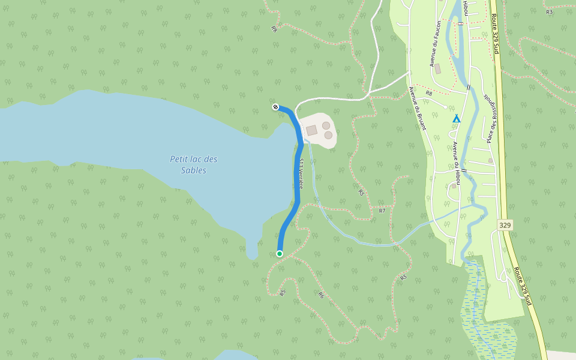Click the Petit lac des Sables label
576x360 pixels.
click(193, 164)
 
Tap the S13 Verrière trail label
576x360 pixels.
click(298, 174)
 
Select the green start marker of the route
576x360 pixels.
click(280, 254)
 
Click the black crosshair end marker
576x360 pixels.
click(275, 107)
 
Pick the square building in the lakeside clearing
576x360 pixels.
click(311, 130)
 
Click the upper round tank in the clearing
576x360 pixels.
click(326, 125)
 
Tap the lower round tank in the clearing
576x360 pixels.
click(328, 136)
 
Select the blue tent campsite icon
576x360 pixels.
click(456, 118)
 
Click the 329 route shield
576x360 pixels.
click(505, 225)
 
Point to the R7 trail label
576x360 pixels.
click(382, 211)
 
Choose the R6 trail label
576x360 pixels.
click(321, 295)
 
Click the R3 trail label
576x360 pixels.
click(549, 12)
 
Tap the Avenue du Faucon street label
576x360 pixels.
click(435, 43)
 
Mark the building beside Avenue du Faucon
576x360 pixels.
click(437, 69)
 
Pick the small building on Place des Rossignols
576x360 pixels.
click(490, 161)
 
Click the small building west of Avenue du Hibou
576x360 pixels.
click(454, 186)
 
